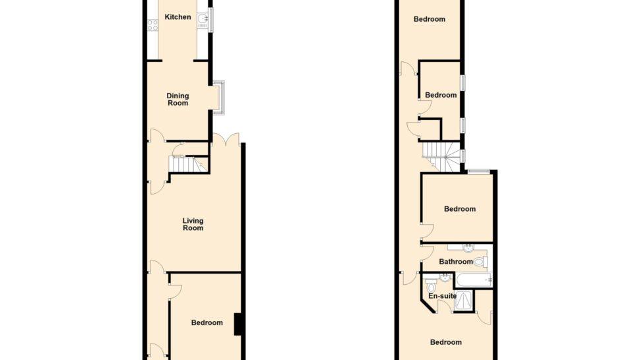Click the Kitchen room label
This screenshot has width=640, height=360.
[x=177, y=17]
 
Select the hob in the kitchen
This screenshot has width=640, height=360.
[x=152, y=25]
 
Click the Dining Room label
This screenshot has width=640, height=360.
[x=177, y=100]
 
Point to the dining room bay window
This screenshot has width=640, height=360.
[x=219, y=98]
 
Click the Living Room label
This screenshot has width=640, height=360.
[x=193, y=224]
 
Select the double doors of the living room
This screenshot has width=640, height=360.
[x=226, y=139]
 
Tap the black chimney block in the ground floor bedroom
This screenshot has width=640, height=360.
[x=238, y=324]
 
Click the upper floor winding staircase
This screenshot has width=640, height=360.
[x=441, y=156]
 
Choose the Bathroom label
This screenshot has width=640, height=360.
[x=456, y=262]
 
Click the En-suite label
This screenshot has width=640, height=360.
[x=443, y=296]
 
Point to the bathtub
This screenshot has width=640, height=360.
[x=474, y=280]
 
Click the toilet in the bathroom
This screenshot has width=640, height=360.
[x=480, y=262]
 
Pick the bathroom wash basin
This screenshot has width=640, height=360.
[x=468, y=248]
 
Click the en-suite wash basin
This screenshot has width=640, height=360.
[x=445, y=278]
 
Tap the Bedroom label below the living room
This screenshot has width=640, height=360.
[x=207, y=323]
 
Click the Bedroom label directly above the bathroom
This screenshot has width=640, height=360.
[x=460, y=209]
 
